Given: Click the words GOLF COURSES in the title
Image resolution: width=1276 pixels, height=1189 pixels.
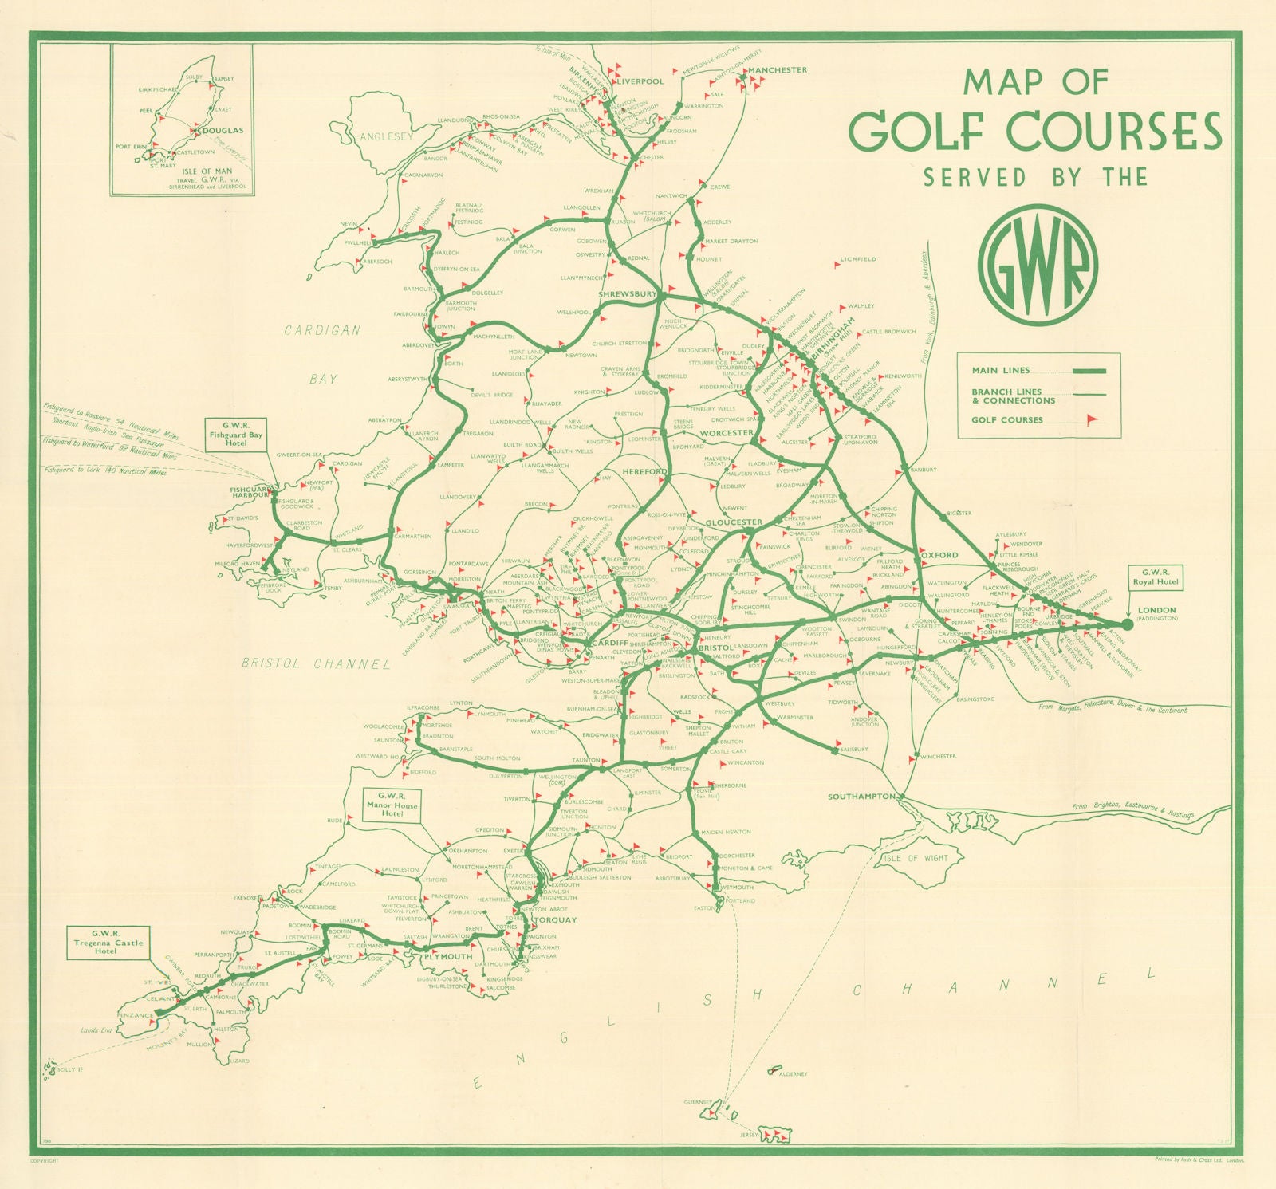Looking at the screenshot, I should [1034, 131].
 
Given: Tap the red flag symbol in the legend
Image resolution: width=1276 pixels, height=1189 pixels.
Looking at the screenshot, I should [1091, 420].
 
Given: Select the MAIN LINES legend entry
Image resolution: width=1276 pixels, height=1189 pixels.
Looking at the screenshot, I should [1001, 370].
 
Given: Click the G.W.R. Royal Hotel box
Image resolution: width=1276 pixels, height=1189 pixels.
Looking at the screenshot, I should [1156, 577].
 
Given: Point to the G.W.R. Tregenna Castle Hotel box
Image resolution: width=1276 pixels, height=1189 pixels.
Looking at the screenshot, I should [106, 942].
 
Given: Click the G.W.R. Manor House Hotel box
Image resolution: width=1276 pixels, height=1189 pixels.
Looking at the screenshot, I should [392, 805].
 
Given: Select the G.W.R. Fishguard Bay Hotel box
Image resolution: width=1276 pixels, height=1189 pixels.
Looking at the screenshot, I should [235, 435].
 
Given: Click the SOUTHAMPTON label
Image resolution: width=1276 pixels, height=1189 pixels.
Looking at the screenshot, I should [861, 797].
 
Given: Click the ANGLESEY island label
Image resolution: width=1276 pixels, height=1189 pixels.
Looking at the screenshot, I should [386, 136].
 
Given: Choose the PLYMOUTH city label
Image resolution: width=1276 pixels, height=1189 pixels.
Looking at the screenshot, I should [448, 956].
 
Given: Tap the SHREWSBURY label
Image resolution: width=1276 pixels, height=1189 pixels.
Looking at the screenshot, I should [627, 293].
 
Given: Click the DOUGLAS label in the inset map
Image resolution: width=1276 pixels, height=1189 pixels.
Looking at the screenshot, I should [225, 130].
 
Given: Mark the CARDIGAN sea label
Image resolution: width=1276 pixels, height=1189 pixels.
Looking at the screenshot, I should [322, 330].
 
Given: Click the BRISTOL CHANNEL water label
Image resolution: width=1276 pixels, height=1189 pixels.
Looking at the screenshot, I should [316, 663].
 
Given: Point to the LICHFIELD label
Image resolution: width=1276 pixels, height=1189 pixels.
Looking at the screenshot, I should [858, 259].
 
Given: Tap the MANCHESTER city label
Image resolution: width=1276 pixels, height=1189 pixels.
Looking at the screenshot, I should [778, 70].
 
